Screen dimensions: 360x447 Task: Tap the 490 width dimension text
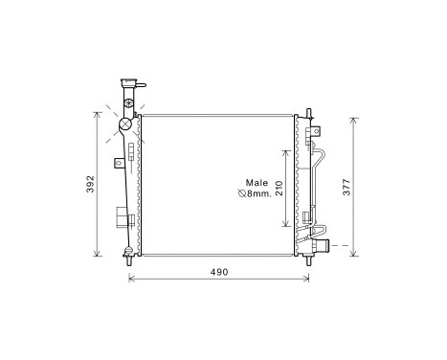219,272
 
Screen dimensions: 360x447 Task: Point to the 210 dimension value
279,189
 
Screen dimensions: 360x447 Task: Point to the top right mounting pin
308,113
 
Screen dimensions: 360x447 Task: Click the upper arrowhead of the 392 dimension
97,113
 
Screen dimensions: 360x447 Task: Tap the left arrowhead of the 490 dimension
131,281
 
